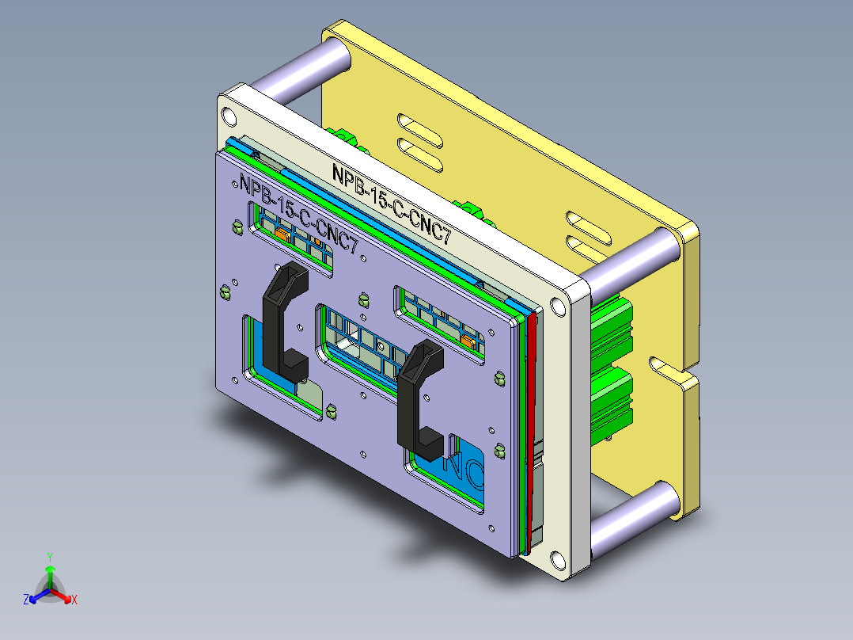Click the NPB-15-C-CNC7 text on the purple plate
[x=301, y=214]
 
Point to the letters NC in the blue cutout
[x=463, y=467]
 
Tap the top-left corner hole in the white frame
[x=228, y=116]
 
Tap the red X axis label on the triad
[x=74, y=600]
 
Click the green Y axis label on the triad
[x=50, y=557]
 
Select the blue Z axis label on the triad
[x=26, y=600]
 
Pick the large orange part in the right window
[x=468, y=341]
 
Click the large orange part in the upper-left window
[x=282, y=234]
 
